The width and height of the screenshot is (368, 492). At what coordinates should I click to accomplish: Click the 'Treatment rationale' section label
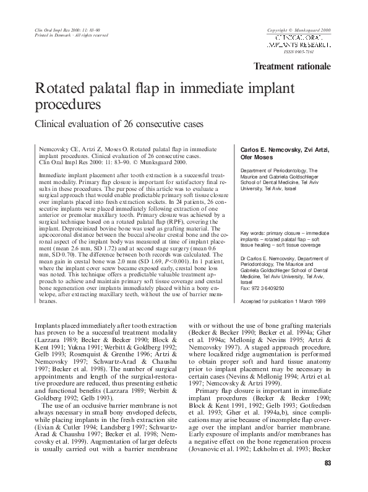[293, 67]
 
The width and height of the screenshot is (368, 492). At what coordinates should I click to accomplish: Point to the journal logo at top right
[299, 42]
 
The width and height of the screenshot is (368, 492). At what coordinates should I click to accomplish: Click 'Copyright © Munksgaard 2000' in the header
[299, 30]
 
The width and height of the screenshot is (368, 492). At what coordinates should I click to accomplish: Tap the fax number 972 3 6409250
[264, 288]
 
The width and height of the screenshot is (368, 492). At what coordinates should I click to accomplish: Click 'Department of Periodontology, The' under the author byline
[279, 170]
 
